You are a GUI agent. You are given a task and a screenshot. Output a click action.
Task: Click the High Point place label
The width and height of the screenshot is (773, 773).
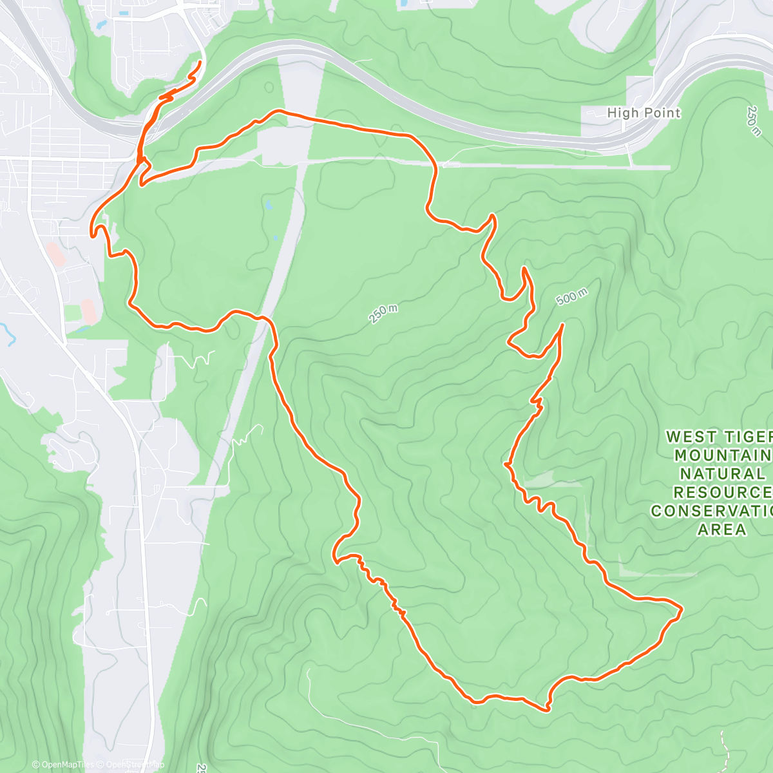644,113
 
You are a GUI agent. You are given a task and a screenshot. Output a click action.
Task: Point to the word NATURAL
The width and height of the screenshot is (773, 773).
722,474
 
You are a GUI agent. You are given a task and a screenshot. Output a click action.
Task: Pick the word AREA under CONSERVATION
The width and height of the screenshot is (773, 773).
722,530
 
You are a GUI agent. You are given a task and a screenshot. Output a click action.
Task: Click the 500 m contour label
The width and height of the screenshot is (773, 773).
571,297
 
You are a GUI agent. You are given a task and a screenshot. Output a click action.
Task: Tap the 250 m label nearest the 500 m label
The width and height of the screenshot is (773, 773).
383,313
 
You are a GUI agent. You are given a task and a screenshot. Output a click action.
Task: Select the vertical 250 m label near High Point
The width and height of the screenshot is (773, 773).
754,121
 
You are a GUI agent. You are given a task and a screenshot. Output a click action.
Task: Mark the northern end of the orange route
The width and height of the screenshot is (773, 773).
200,62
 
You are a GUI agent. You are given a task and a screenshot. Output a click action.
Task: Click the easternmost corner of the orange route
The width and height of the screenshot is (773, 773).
682,607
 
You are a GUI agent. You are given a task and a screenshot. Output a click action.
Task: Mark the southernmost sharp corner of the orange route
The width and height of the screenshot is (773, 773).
548,710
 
